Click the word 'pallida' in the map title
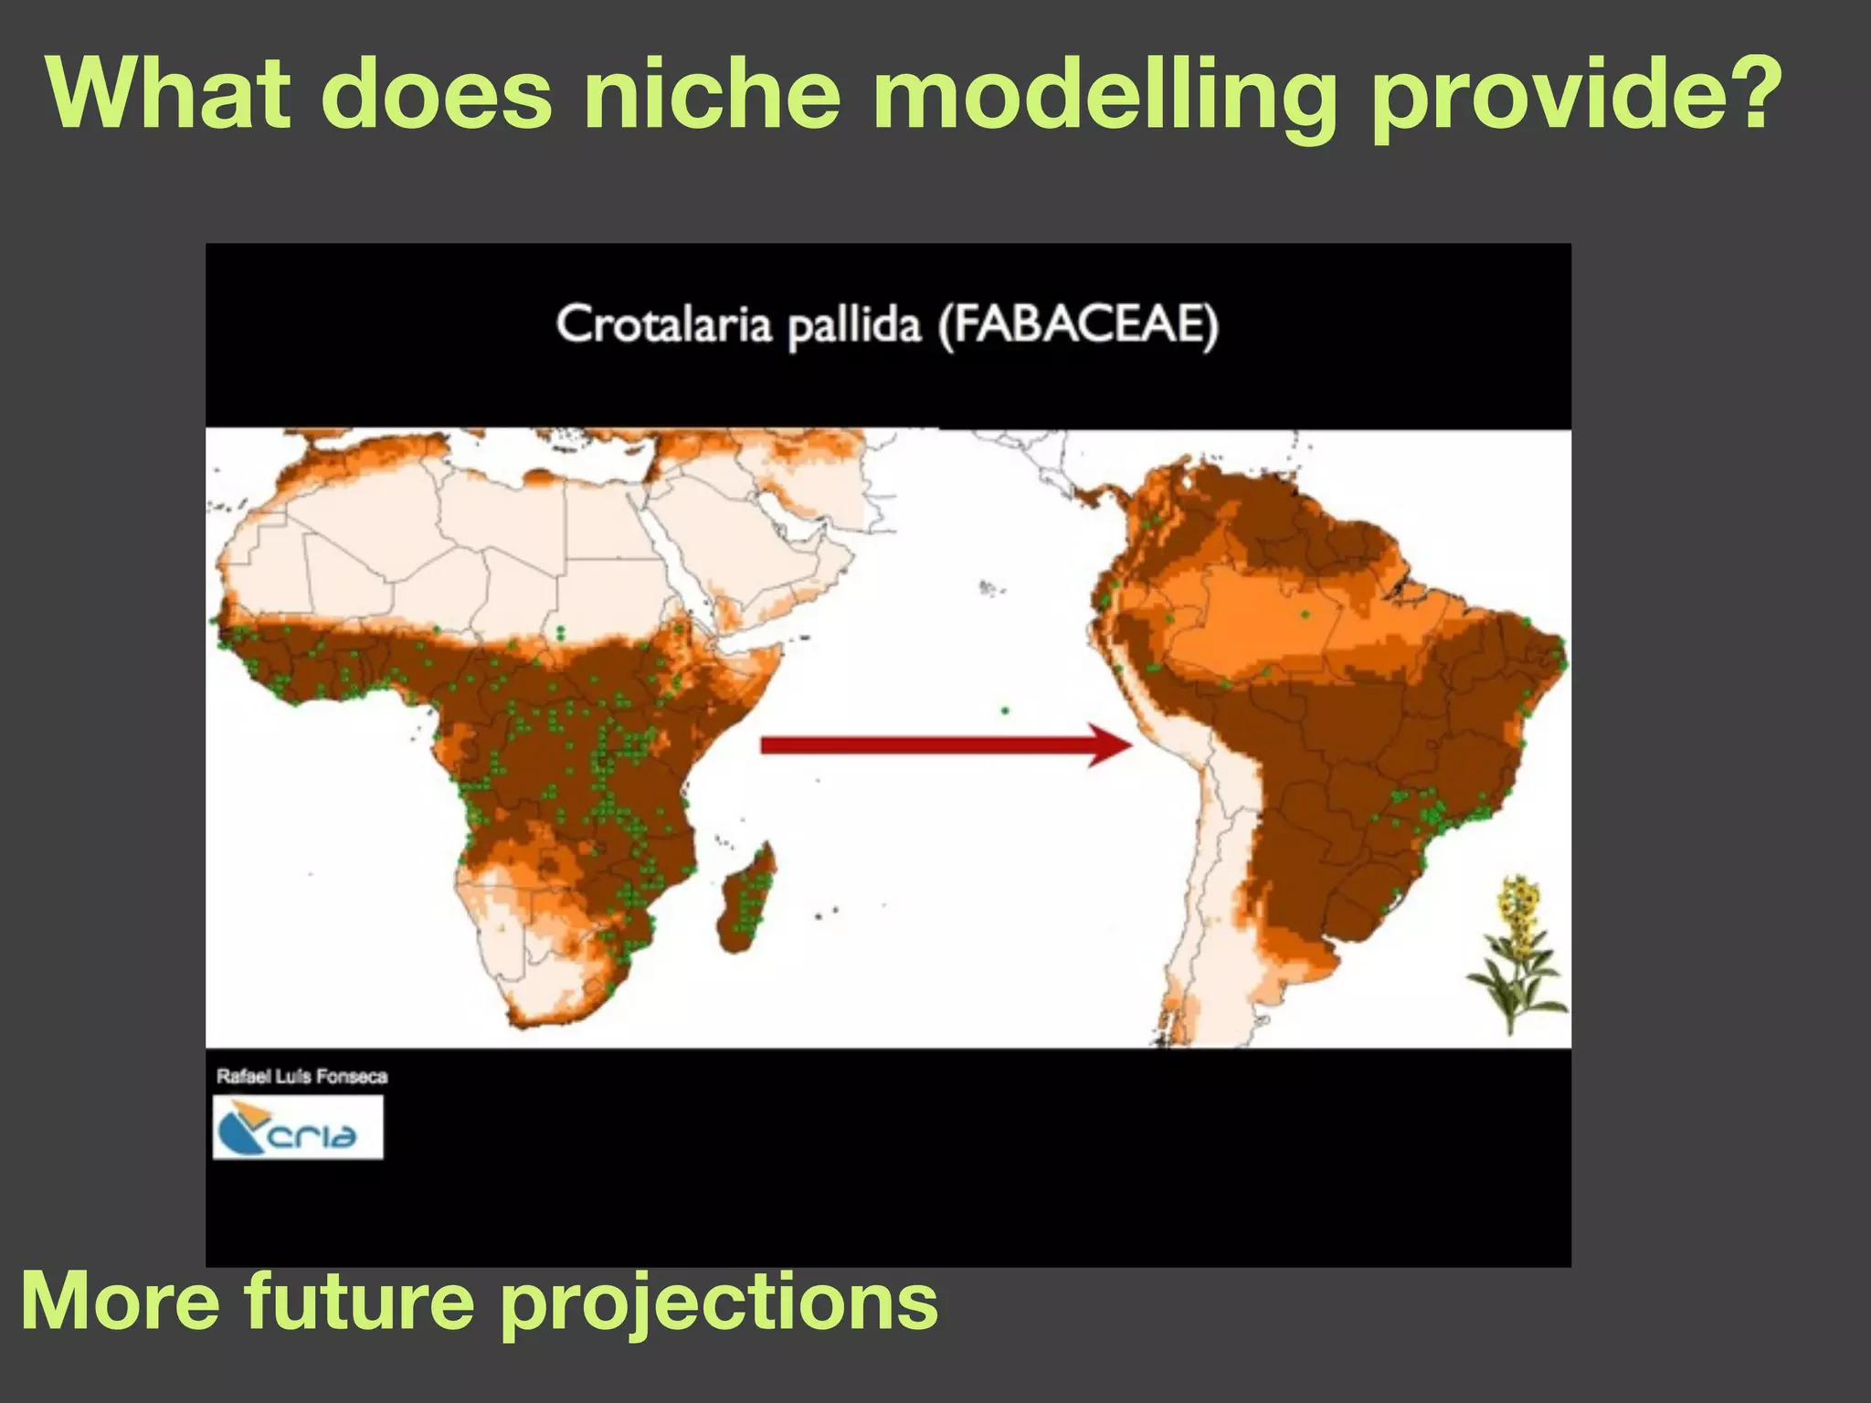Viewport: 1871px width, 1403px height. pyautogui.click(x=854, y=326)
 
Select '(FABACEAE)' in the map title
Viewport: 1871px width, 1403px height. pyautogui.click(x=1079, y=326)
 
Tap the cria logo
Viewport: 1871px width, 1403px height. pyautogui.click(x=298, y=1127)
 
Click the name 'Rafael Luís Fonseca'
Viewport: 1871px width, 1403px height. pyautogui.click(x=302, y=1076)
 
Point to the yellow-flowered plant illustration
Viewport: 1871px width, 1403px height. pyautogui.click(x=1517, y=951)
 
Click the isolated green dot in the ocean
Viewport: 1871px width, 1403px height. pyautogui.click(x=1005, y=710)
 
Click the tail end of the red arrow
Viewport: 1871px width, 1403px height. pyautogui.click(x=766, y=745)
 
